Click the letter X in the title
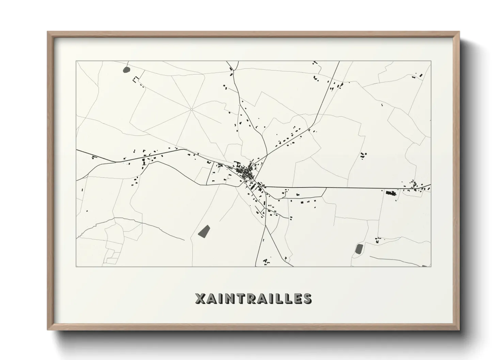click(201, 298)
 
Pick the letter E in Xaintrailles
click(296, 298)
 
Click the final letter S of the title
click(306, 298)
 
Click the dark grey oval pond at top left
click(126, 70)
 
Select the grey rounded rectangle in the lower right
click(359, 249)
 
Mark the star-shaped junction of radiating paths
click(191, 109)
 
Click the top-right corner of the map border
click(431, 61)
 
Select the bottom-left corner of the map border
click(76, 266)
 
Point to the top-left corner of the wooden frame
click(48, 32)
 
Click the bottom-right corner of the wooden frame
click(459, 330)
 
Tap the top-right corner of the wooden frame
click(459, 32)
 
